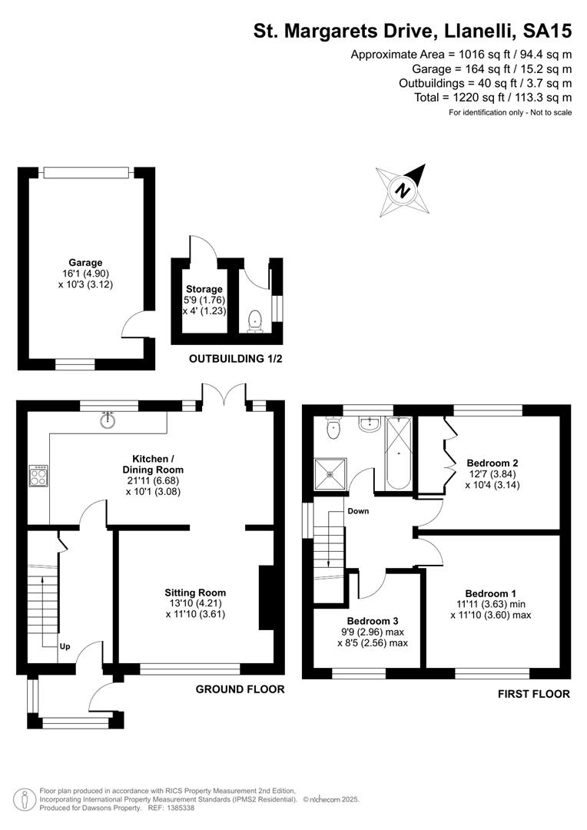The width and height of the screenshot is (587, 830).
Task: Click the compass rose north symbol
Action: [x=403, y=191]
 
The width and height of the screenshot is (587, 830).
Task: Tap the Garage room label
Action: [x=85, y=263]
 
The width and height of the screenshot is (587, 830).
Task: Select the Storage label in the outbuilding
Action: [x=204, y=289]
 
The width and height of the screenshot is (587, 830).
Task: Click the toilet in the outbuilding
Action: [x=255, y=322]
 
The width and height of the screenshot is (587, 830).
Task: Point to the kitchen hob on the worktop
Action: [x=38, y=476]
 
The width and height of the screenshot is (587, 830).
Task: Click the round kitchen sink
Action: [x=108, y=420]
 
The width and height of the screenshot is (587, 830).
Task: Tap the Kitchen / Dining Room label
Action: [x=152, y=463]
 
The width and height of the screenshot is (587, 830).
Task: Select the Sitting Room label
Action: [x=195, y=593]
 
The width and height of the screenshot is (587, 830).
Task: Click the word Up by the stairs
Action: [x=65, y=646]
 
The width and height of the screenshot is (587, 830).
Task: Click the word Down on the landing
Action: [x=358, y=511]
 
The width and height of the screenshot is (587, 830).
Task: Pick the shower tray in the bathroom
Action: [x=331, y=473]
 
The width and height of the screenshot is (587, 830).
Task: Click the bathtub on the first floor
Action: [x=399, y=453]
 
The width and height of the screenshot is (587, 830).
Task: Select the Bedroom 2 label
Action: [x=492, y=463]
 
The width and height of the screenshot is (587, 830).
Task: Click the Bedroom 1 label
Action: [x=491, y=593]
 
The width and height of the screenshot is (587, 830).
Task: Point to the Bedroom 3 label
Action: [x=373, y=621]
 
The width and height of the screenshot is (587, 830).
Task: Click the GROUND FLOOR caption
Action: [x=240, y=689]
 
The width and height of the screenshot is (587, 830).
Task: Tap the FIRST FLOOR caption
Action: [x=533, y=694]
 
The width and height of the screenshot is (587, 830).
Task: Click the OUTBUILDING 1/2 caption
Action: [x=236, y=359]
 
